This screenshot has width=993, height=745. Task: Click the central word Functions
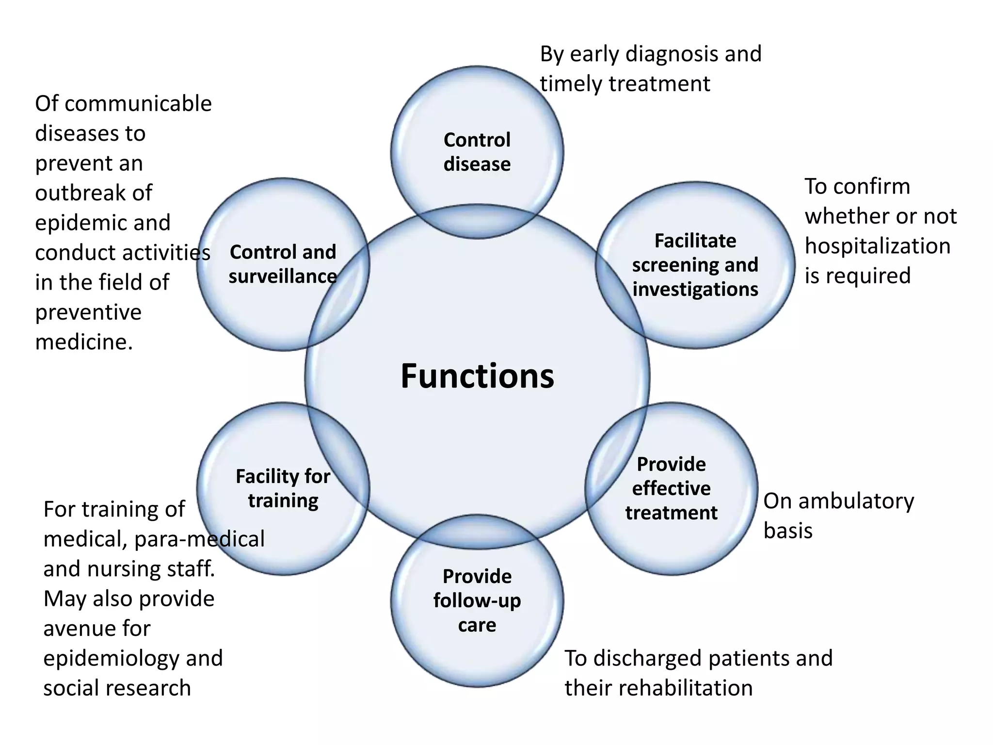[477, 376]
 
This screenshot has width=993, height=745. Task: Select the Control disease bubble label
[477, 152]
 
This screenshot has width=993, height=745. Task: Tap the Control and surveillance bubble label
[283, 264]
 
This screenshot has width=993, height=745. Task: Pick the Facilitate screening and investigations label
[695, 265]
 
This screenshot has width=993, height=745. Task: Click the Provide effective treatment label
[671, 488]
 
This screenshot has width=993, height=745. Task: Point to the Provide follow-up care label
[477, 600]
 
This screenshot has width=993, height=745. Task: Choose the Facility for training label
[283, 488]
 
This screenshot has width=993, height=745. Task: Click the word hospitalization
[877, 246]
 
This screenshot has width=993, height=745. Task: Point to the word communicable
[138, 104]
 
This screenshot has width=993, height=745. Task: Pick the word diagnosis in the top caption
[672, 54]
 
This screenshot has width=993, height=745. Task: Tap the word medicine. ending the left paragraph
[84, 342]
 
